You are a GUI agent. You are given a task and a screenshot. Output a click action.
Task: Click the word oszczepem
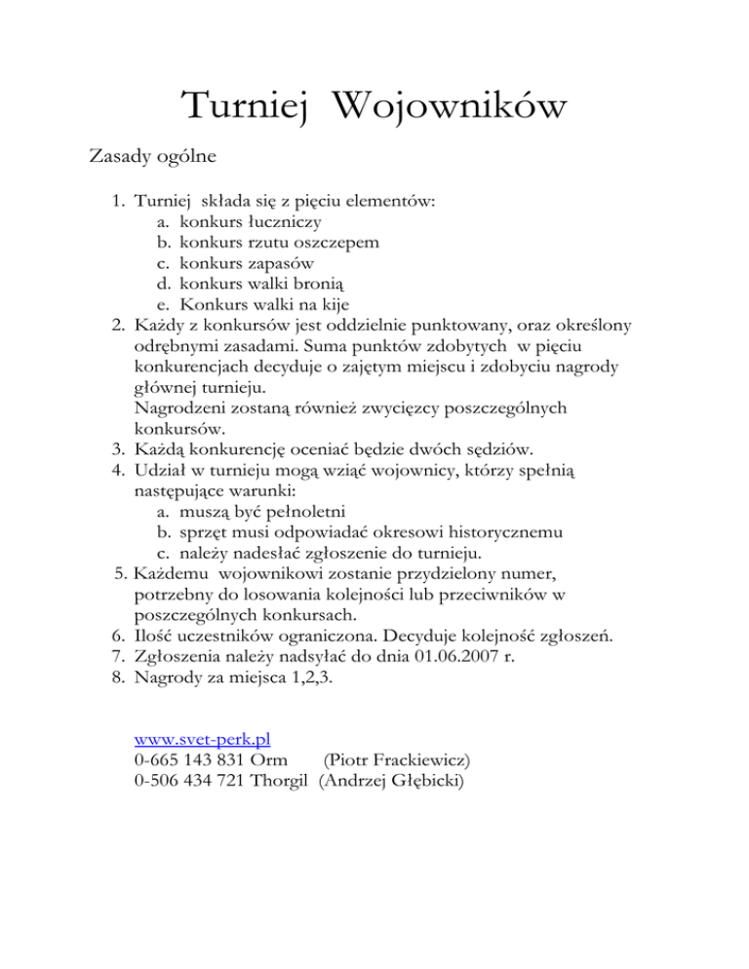coord(332,242)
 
